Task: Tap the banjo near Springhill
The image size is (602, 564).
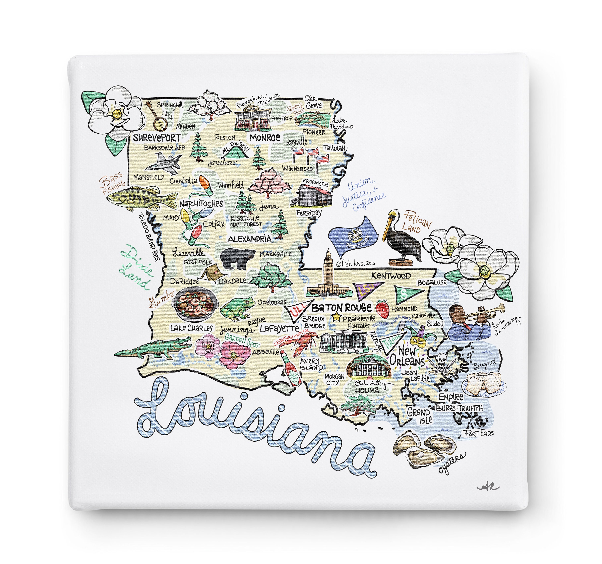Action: tap(158, 117)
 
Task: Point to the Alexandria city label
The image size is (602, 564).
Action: tap(249, 239)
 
